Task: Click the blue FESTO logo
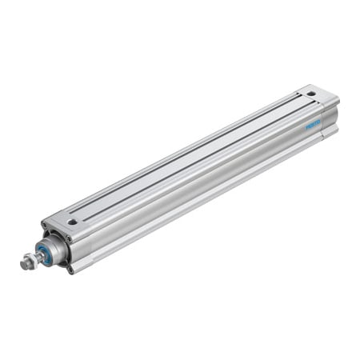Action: click(x=313, y=124)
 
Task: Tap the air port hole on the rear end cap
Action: click(x=311, y=94)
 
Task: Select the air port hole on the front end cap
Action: click(x=73, y=222)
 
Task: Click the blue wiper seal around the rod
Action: click(x=44, y=253)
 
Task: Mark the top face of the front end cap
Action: click(x=68, y=221)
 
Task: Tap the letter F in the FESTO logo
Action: click(x=306, y=127)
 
